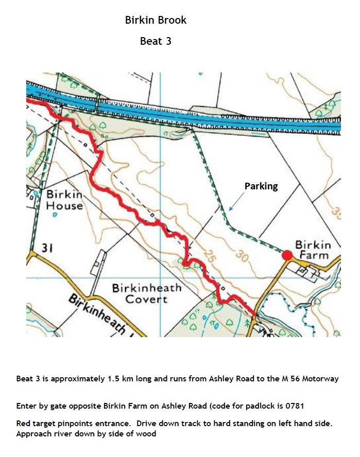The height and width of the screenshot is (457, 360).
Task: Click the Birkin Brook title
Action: coord(156,21)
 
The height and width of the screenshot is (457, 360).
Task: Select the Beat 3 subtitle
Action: coord(156,41)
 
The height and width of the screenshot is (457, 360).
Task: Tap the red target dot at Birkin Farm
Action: coord(287,255)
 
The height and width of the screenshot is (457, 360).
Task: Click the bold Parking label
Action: coord(261,186)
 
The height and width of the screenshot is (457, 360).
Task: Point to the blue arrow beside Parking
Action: coord(237,201)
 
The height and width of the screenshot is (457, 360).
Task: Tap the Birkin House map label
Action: coord(64,200)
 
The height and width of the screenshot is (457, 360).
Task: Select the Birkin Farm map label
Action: coord(313,250)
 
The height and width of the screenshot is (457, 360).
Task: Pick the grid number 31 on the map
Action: coord(48,249)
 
